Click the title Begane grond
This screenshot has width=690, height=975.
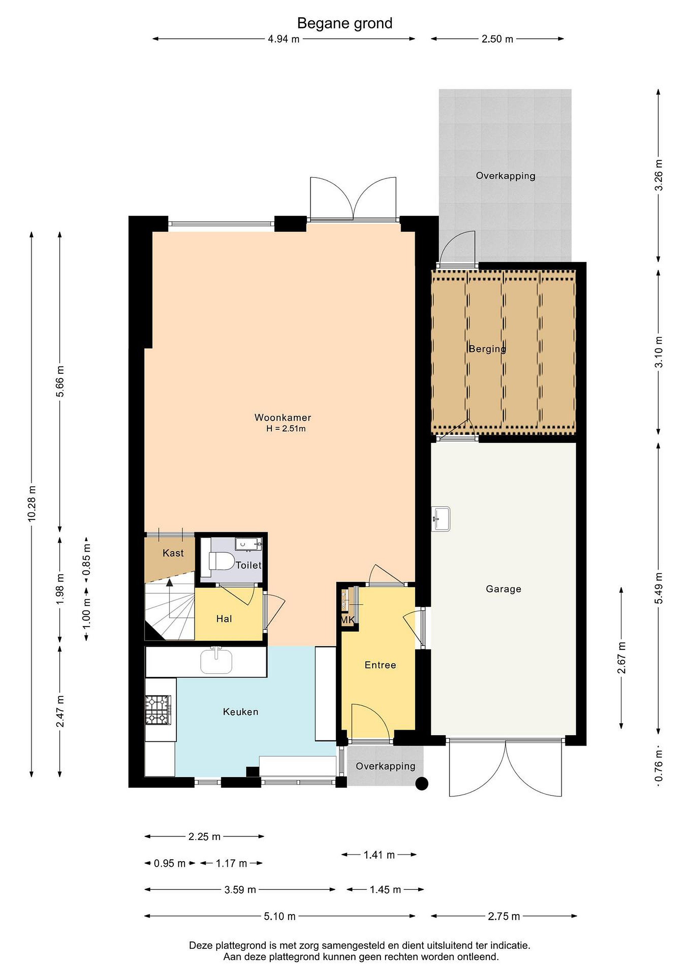point(344,23)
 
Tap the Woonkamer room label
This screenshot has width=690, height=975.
point(283,417)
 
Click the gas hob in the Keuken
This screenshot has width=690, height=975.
point(158,710)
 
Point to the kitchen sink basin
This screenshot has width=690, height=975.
point(216,662)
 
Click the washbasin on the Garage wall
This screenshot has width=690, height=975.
point(441,519)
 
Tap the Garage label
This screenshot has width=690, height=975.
point(503,589)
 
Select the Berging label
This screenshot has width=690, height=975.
point(487,349)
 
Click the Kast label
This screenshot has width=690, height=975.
point(173,553)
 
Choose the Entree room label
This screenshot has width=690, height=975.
point(380,665)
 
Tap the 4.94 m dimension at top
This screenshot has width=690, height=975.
point(284,39)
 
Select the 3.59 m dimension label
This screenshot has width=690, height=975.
point(240,890)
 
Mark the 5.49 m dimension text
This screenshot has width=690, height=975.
point(658,588)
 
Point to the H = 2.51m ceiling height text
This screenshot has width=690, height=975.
point(286,429)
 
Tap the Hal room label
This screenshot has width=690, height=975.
point(224,619)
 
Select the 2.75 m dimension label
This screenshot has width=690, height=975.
point(504,916)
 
